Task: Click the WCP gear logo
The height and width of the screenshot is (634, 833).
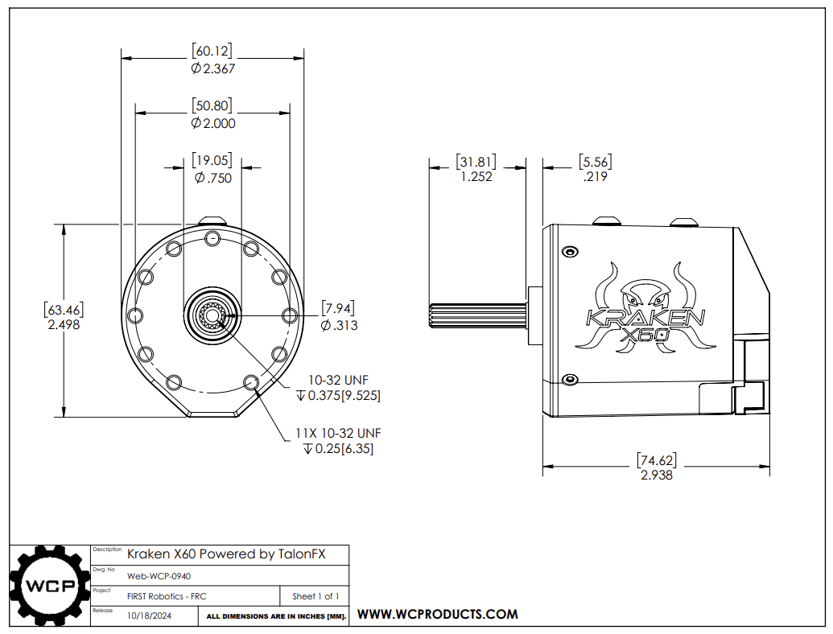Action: (x=48, y=585)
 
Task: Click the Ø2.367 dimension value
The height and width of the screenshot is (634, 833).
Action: (x=212, y=69)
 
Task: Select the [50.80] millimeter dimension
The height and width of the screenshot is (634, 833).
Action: (x=212, y=105)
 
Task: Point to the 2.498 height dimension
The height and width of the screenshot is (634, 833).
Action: (x=64, y=324)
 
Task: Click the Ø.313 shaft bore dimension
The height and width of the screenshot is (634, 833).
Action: (x=338, y=325)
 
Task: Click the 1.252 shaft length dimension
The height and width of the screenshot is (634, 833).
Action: (x=476, y=177)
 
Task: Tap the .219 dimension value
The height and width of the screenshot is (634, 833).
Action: (x=596, y=177)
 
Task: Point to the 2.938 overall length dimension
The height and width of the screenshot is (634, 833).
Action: (x=656, y=475)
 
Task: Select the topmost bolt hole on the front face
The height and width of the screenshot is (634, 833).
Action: (x=212, y=237)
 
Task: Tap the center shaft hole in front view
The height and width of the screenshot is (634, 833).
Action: (x=212, y=316)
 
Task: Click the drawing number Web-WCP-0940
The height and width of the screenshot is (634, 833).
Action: (x=159, y=576)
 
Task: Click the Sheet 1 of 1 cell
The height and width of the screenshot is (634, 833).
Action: (x=315, y=596)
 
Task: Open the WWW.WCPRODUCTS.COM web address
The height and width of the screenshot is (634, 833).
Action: (x=437, y=614)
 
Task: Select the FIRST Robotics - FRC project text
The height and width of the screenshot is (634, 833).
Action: (x=161, y=596)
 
